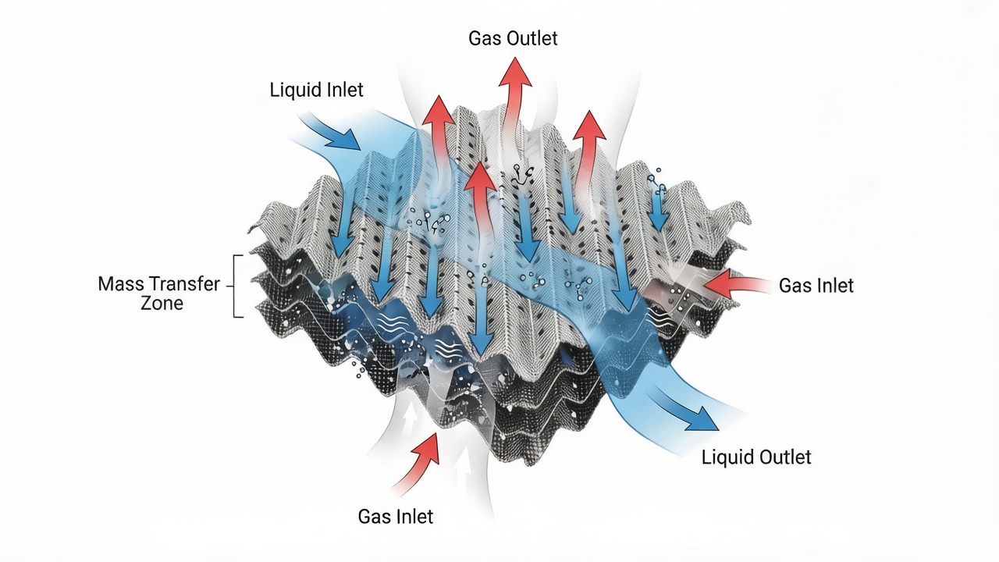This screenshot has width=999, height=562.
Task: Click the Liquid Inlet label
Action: point(316,91)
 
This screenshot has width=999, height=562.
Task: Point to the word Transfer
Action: point(187,284)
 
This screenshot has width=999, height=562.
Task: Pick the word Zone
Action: point(162,304)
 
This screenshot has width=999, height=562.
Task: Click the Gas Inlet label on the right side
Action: point(816,286)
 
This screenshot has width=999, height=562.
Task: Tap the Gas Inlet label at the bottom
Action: point(395,516)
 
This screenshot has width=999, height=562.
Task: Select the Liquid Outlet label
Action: point(756,457)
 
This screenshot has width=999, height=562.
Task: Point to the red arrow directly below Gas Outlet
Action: point(515,86)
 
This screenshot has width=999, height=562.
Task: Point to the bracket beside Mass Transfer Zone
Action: point(237,286)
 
